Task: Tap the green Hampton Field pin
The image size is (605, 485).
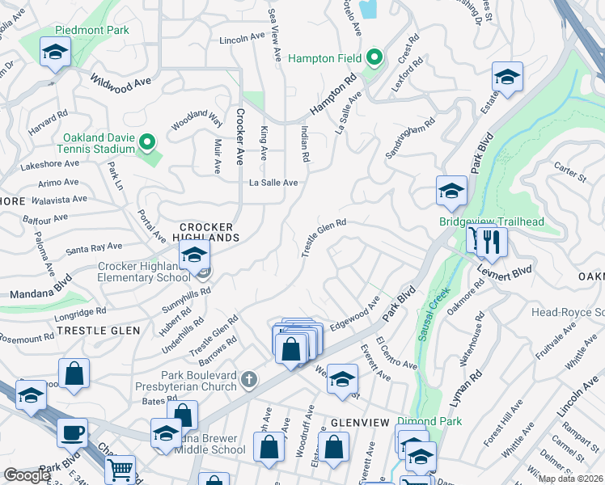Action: (374, 58)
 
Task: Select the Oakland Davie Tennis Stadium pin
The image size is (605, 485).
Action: (146, 143)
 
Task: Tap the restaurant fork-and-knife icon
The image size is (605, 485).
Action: (490, 240)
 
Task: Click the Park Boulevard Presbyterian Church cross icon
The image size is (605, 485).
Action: (251, 377)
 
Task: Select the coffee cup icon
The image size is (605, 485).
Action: (73, 432)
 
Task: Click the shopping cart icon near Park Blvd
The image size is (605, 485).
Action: (121, 468)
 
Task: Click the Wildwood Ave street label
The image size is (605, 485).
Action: (121, 82)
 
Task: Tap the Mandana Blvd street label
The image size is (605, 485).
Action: (40, 290)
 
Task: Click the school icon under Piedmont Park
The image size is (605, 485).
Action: (55, 53)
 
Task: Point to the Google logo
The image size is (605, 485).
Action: (27, 475)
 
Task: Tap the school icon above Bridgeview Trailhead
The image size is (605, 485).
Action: (451, 192)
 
